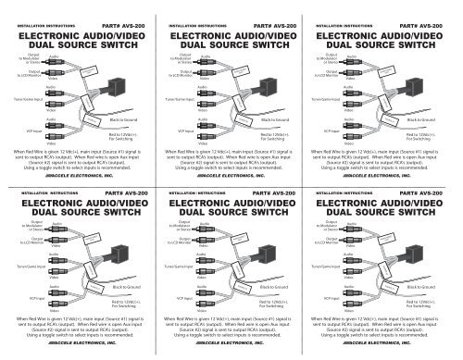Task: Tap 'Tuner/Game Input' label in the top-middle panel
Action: click(x=176, y=97)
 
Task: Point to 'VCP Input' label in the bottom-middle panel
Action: click(x=175, y=300)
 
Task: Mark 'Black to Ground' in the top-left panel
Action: click(x=126, y=120)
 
